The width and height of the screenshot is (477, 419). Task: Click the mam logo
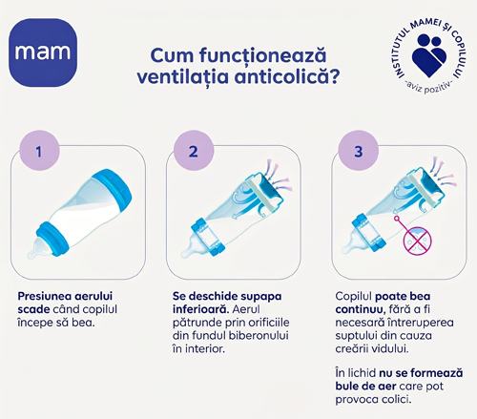[43, 52]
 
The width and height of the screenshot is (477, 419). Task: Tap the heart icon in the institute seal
[429, 56]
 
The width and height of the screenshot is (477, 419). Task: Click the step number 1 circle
[39, 151]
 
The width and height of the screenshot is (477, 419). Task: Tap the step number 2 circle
[194, 151]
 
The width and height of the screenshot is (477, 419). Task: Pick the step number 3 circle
[359, 151]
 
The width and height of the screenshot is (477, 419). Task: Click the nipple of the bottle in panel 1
[36, 248]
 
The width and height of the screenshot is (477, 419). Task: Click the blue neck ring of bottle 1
[52, 239]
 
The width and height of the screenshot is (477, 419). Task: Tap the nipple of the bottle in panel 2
[191, 247]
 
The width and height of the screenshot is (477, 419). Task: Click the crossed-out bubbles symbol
[418, 241]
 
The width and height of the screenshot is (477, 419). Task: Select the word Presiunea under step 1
[45, 296]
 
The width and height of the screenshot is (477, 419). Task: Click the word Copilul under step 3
[354, 297]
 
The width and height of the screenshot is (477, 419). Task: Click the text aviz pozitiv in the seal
[428, 87]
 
